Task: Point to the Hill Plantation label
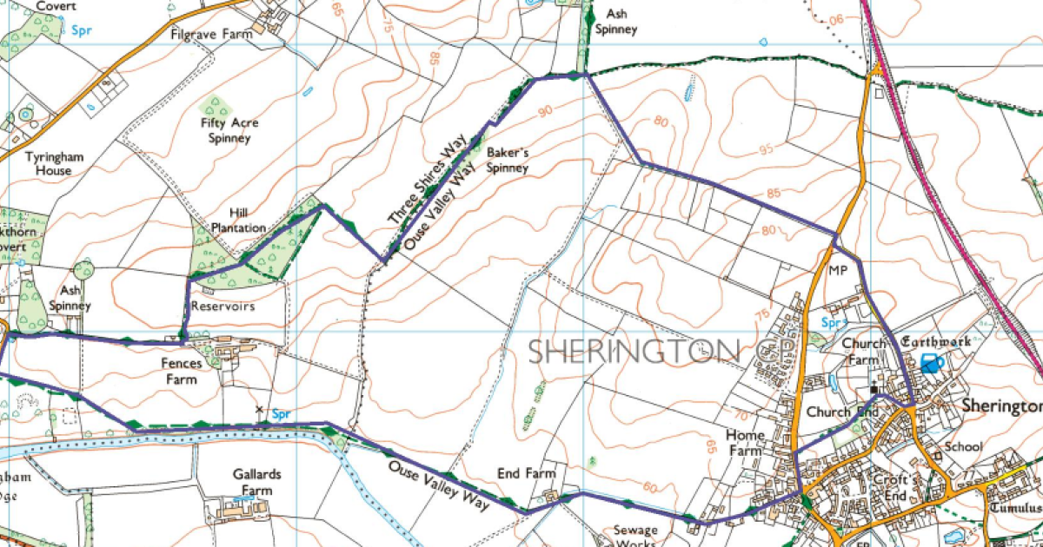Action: click(238, 220)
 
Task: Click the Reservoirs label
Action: click(223, 306)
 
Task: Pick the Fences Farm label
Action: click(180, 371)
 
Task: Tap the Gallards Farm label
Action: click(252, 482)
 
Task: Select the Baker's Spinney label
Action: click(508, 159)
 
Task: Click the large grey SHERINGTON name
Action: click(634, 351)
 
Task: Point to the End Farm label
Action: click(526, 473)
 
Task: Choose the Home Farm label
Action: click(746, 443)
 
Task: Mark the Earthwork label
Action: click(933, 341)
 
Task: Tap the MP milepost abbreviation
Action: click(837, 271)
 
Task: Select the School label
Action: click(963, 446)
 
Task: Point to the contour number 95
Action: click(766, 148)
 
